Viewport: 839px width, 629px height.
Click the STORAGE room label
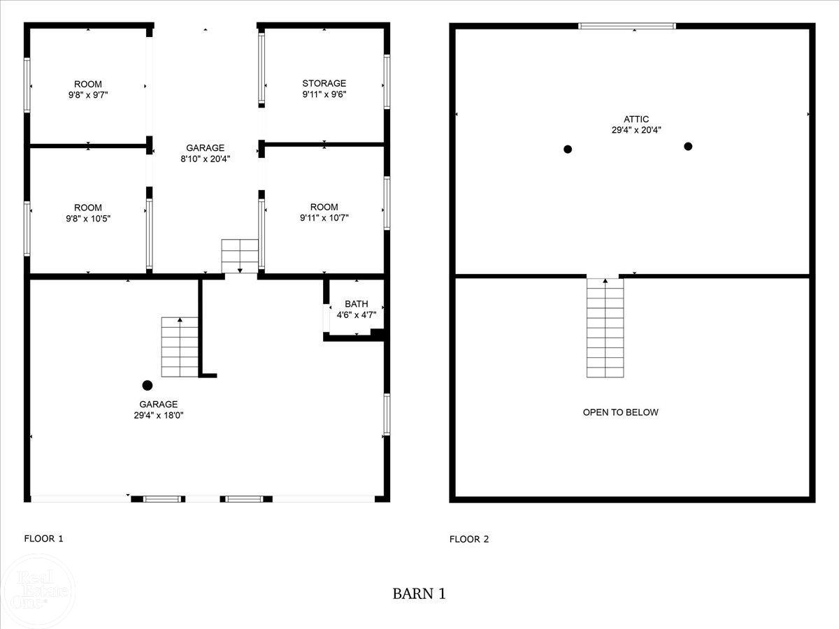(324, 83)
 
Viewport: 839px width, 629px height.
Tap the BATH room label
(356, 304)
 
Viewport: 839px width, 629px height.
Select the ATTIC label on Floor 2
(636, 119)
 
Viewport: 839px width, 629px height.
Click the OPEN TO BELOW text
(620, 412)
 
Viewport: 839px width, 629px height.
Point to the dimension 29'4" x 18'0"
(158, 415)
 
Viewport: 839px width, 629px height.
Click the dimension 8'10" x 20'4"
(205, 159)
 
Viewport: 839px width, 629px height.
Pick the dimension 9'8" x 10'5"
(88, 218)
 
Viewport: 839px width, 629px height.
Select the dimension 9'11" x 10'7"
(324, 217)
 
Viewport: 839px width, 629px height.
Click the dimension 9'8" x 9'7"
(88, 94)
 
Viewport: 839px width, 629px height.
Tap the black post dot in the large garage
(148, 385)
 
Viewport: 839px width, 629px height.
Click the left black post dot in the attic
(568, 149)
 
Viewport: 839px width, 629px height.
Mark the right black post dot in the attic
(688, 146)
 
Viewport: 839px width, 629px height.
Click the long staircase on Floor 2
(605, 328)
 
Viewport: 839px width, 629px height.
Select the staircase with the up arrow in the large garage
(180, 347)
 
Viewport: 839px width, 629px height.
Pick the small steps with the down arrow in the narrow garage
(240, 256)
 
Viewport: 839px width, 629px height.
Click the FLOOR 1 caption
(44, 539)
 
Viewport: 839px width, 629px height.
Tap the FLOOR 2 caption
(469, 539)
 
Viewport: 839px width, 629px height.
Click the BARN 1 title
(419, 594)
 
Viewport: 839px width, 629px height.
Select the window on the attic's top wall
(627, 26)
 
